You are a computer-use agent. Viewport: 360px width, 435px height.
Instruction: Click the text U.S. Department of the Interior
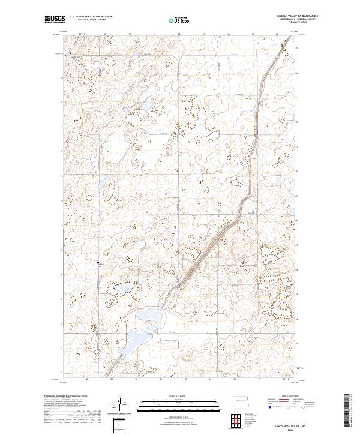pyautogui.click(x=91, y=16)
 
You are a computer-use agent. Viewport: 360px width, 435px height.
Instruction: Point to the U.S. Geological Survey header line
pyautogui.click(x=91, y=20)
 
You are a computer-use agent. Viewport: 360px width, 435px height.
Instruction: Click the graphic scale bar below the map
pyautogui.click(x=179, y=406)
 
